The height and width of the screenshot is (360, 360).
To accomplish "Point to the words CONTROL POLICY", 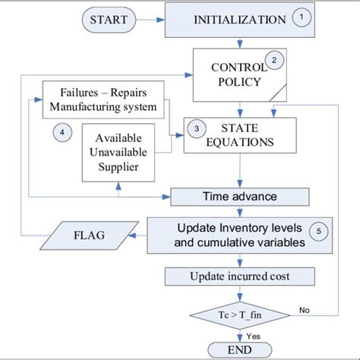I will pos(237,74).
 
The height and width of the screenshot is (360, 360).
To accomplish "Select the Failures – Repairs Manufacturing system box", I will pos(103,99).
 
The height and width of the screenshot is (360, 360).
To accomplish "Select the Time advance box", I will pos(239,197).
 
